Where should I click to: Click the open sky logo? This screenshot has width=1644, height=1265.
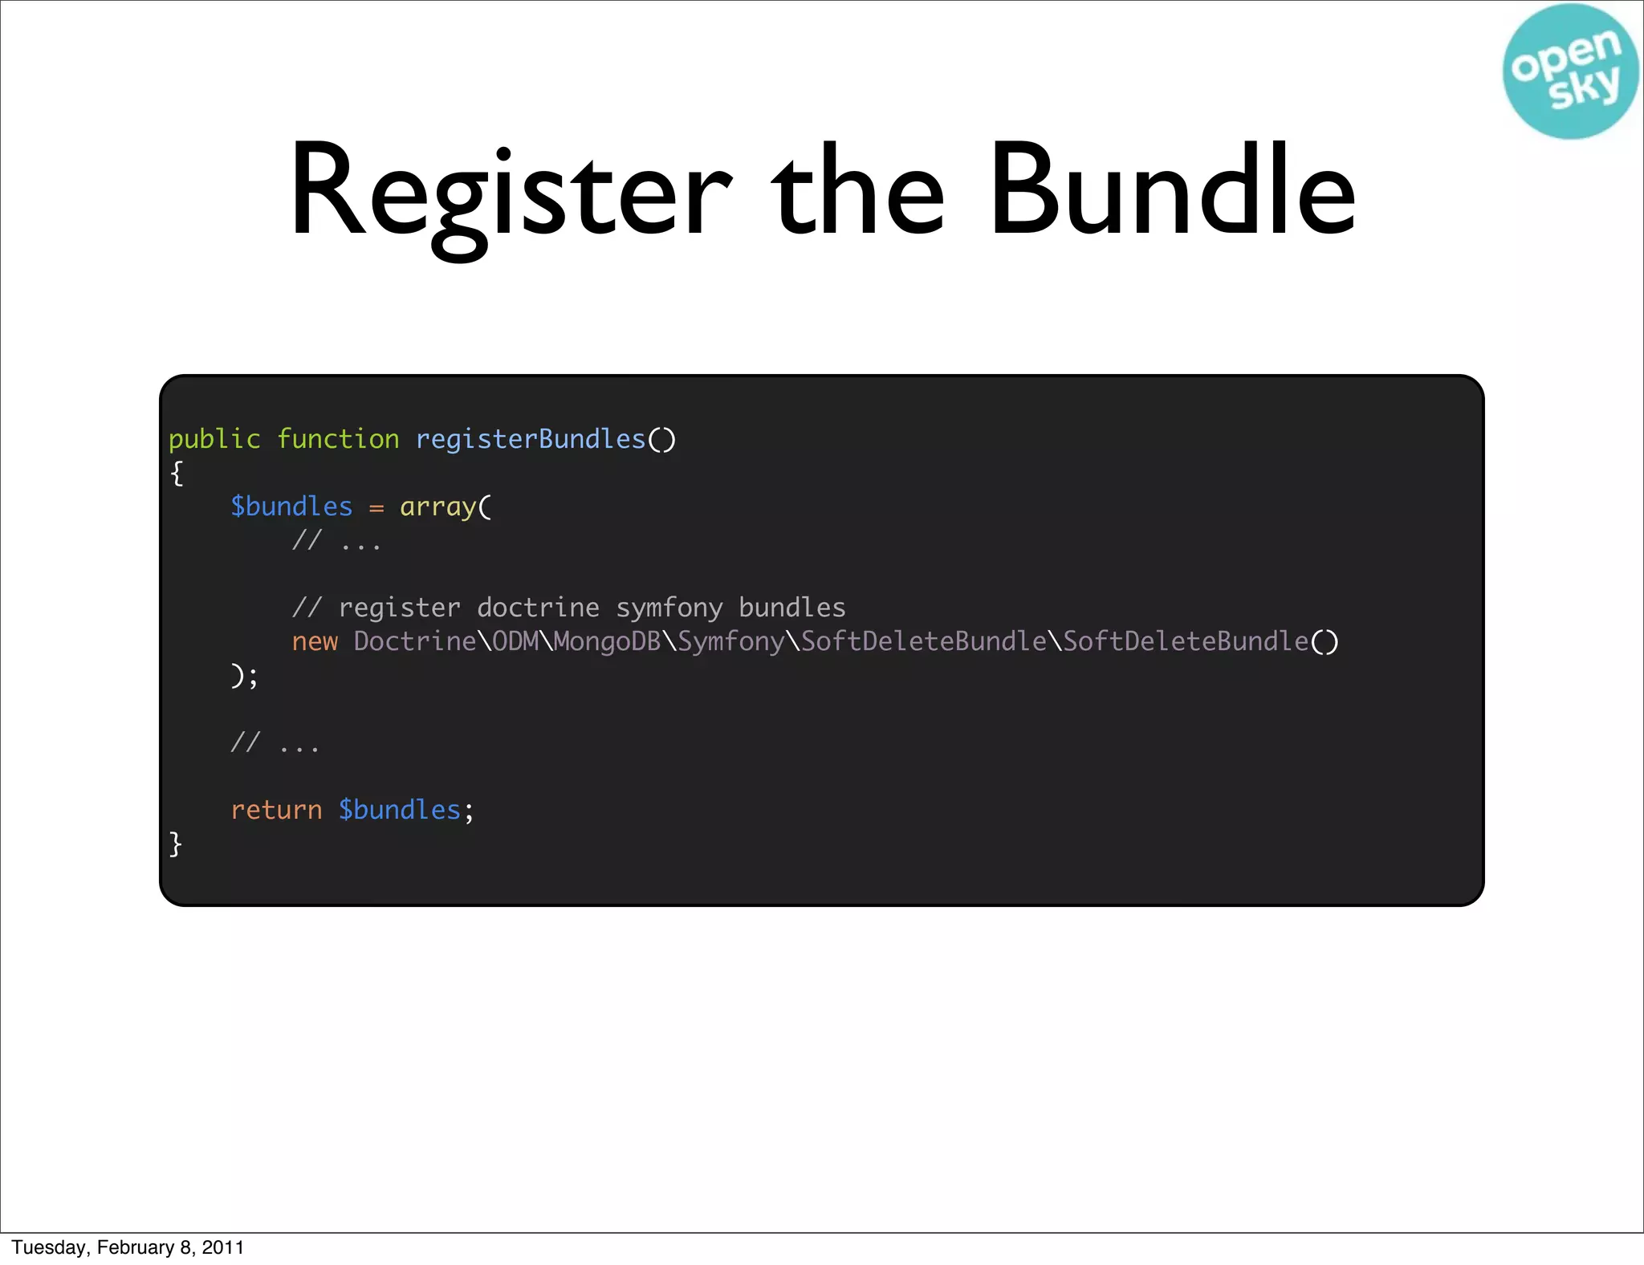coord(1570,71)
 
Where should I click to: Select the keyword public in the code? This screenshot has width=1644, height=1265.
coord(214,439)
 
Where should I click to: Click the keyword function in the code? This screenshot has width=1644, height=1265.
coord(338,439)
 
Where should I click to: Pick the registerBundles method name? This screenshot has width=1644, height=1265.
coord(531,439)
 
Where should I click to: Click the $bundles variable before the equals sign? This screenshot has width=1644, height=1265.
coord(291,506)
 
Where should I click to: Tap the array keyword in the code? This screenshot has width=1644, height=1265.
coord(438,506)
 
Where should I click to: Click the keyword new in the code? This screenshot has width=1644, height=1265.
coord(315,641)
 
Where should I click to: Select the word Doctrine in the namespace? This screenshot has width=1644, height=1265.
coord(414,641)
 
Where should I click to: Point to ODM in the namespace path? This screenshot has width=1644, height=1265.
coord(515,641)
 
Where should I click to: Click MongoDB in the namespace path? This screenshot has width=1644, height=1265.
coord(607,641)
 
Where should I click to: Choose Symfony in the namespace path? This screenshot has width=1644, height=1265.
coord(730,641)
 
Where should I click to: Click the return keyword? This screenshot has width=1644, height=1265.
coord(276,810)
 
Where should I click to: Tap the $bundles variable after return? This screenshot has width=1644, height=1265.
coord(399,810)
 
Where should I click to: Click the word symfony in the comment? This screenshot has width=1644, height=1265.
coord(669,608)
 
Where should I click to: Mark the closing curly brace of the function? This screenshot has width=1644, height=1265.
coord(176,844)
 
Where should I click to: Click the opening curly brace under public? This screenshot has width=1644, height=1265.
coord(177,474)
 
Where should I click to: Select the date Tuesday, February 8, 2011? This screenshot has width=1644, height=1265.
coord(128,1247)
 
